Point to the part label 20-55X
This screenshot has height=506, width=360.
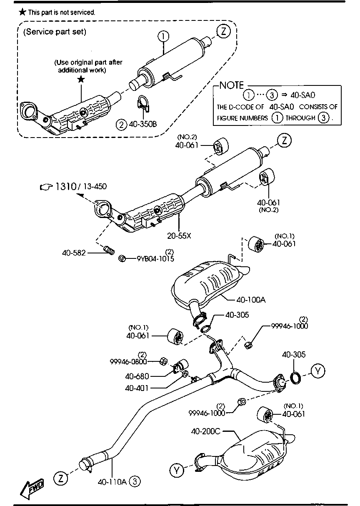179,235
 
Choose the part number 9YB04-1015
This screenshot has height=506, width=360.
155,258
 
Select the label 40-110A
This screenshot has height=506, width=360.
112,482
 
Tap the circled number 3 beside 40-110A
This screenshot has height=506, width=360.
135,482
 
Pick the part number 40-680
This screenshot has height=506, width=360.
137,376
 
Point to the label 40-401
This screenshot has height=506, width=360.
137,388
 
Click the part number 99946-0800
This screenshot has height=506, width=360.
128,361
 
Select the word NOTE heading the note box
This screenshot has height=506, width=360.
231,85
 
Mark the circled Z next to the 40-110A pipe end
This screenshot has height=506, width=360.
61,478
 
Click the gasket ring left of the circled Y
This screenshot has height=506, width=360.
296,378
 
